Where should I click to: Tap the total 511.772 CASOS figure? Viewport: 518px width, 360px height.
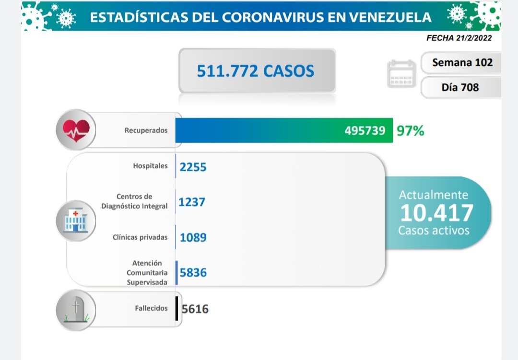[x=256, y=71]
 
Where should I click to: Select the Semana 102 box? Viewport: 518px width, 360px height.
[x=462, y=62]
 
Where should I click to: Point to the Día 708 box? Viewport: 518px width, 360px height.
[x=460, y=87]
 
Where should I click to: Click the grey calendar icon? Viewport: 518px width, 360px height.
[x=401, y=74]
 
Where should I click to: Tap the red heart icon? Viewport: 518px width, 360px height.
[x=76, y=130]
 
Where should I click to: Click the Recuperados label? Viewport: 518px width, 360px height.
[x=146, y=130]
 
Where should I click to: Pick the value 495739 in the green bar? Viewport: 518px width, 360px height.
[x=365, y=130]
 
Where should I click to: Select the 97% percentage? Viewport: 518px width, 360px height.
[x=410, y=130]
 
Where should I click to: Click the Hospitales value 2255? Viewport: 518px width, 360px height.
[x=193, y=167]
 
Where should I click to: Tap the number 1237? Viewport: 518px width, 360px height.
[x=192, y=202]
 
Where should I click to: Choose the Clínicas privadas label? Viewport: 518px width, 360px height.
[x=141, y=237]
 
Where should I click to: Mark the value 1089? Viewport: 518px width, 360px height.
[x=193, y=237]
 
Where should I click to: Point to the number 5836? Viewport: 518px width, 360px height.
[x=193, y=272]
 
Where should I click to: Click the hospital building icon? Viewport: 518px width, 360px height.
[x=76, y=220]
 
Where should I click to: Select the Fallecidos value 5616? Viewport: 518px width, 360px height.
[x=195, y=309]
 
